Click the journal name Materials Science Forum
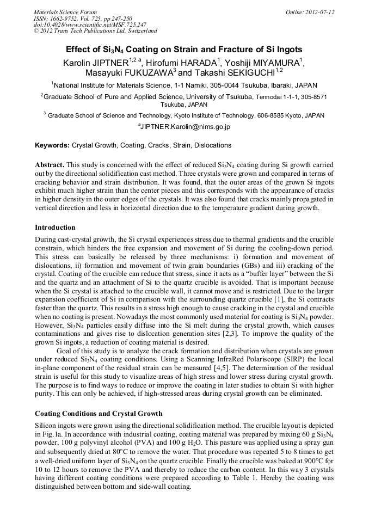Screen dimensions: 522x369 (x=65, y=12)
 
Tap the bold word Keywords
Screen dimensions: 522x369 (x=52, y=145)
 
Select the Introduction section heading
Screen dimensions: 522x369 (x=55, y=227)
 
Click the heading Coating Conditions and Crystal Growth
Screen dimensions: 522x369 (x=99, y=414)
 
